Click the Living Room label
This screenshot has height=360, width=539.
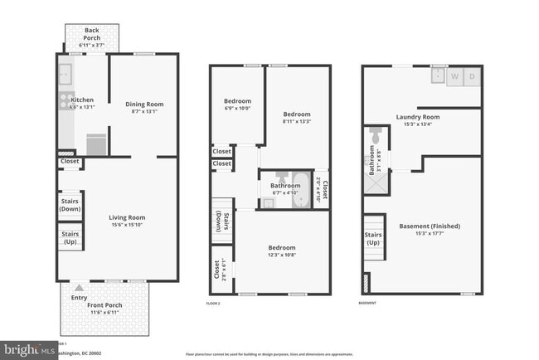[x=133, y=217]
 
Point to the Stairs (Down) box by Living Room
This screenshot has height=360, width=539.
[x=70, y=206]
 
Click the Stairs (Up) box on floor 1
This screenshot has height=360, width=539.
[x=70, y=238]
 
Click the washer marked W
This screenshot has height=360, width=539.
[x=454, y=76]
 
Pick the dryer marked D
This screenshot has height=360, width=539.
[x=472, y=76]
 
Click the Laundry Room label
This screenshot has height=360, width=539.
[x=417, y=117]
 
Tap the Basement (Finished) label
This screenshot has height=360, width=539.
[x=430, y=226]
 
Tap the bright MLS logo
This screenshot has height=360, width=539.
[x=25, y=350]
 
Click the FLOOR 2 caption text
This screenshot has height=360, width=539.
[x=214, y=304]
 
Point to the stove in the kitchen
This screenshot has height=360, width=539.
[x=63, y=101]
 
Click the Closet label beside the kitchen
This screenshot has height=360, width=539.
[x=69, y=161]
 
